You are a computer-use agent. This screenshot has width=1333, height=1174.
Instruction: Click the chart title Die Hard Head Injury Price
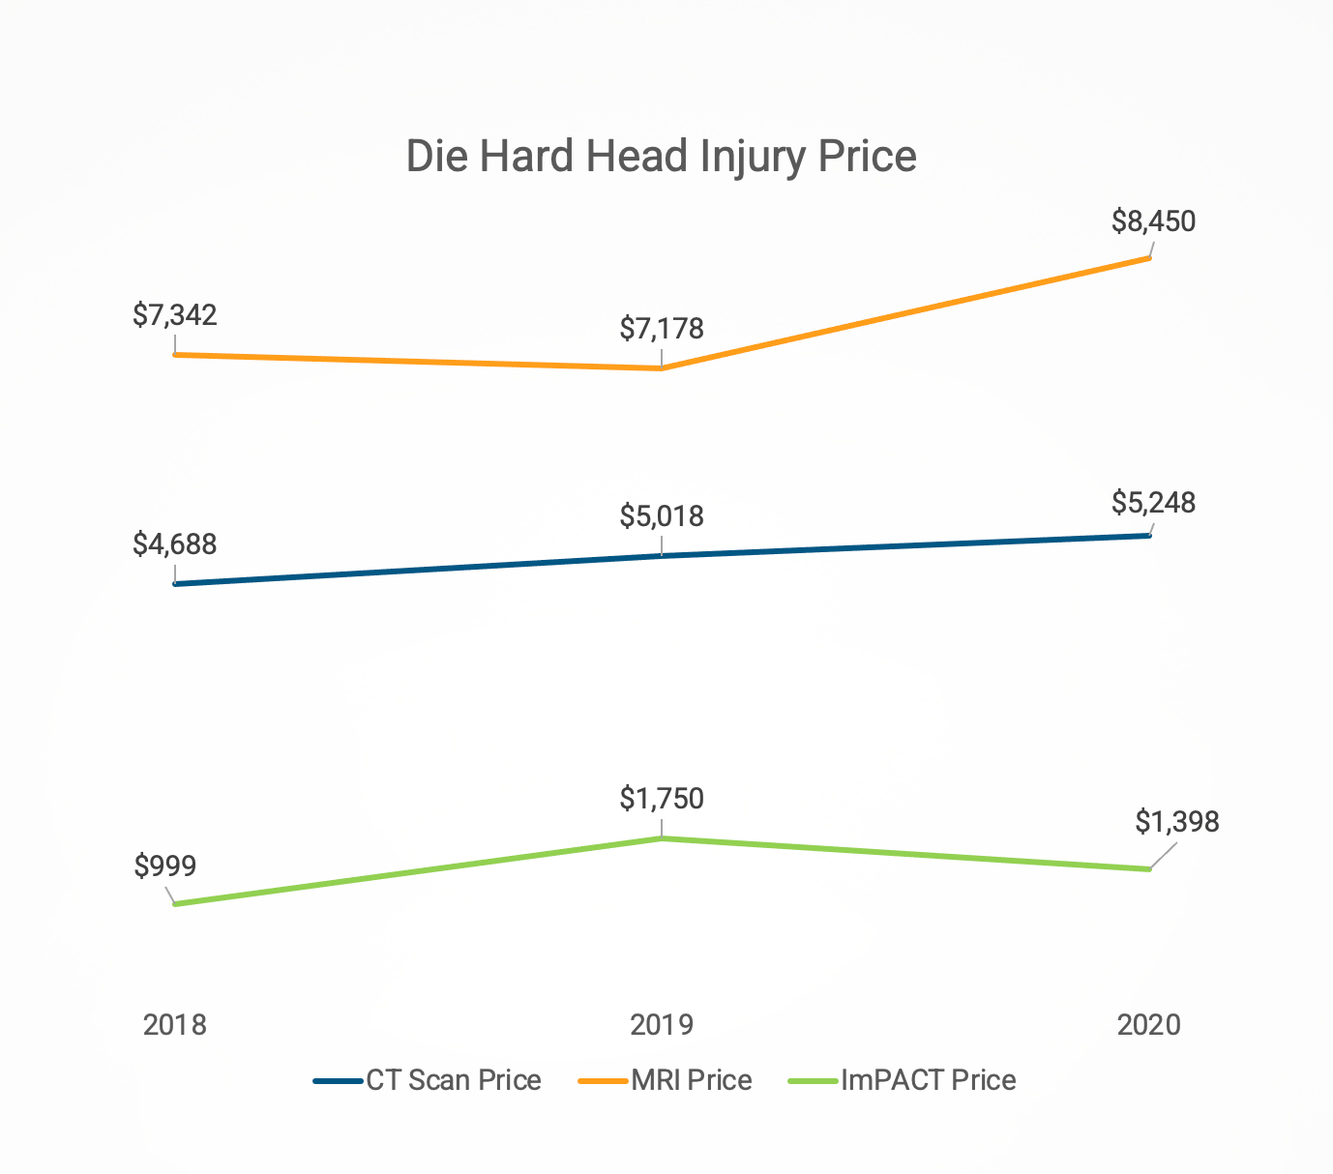[x=661, y=157]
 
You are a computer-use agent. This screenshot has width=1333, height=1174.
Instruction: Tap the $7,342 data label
[x=175, y=315]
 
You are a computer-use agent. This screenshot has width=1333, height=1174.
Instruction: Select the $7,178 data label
[x=662, y=329]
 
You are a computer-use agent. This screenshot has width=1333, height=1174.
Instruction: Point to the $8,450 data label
[x=1153, y=221]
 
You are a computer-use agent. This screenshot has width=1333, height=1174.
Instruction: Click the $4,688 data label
[x=175, y=544]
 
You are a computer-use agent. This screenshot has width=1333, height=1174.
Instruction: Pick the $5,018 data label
[x=662, y=516]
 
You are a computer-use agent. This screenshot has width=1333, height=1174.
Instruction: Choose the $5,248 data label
[x=1153, y=503]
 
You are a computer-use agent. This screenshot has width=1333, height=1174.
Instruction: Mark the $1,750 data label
[x=662, y=799]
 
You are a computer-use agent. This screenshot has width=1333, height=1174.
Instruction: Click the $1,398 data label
[x=1176, y=822]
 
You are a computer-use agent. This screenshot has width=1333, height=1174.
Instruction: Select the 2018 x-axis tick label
[x=175, y=1025]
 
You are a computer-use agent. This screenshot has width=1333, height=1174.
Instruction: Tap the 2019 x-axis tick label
[x=662, y=1025]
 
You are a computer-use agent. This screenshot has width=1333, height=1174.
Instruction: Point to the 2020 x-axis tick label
[x=1149, y=1025]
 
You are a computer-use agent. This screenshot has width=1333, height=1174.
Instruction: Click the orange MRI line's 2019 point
[x=662, y=368]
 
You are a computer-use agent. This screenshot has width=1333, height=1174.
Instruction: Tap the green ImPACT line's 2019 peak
[x=662, y=838]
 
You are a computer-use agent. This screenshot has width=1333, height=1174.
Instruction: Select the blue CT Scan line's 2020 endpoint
[x=1149, y=535]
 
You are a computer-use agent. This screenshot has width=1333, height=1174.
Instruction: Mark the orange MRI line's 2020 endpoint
[x=1149, y=258]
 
